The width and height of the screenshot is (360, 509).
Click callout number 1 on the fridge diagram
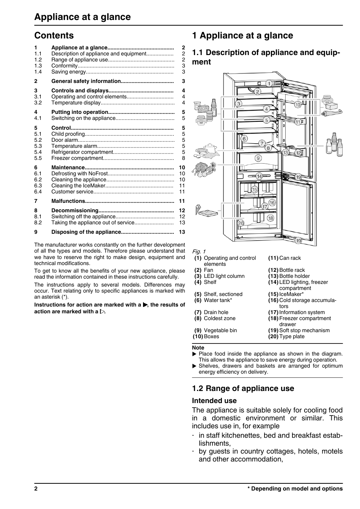pyautogui.click(x=269, y=83)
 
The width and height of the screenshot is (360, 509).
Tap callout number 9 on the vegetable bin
pyautogui.click(x=258, y=158)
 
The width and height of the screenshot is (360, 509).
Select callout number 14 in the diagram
pyautogui.click(x=259, y=176)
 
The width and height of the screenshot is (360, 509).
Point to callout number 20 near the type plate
pyautogui.click(x=241, y=223)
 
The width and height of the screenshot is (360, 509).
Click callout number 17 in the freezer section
pyautogui.click(x=265, y=207)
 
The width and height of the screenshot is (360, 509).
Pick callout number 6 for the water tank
pyautogui.click(x=244, y=139)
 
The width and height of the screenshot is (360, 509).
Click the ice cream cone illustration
pyautogui.click(x=198, y=209)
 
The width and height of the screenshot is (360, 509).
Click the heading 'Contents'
pyautogui.click(x=54, y=35)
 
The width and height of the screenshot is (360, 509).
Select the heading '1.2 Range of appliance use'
pyautogui.click(x=243, y=388)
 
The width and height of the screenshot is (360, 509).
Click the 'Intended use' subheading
pyautogui.click(x=214, y=400)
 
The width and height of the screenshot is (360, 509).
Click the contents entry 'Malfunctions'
pyautogui.click(x=68, y=201)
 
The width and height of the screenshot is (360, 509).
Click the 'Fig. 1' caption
pyautogui.click(x=198, y=251)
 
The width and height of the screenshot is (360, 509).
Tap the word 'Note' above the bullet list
pyautogui.click(x=198, y=348)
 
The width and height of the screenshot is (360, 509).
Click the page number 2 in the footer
pyautogui.click(x=36, y=489)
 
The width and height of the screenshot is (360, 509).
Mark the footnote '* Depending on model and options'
pyautogui.click(x=295, y=489)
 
